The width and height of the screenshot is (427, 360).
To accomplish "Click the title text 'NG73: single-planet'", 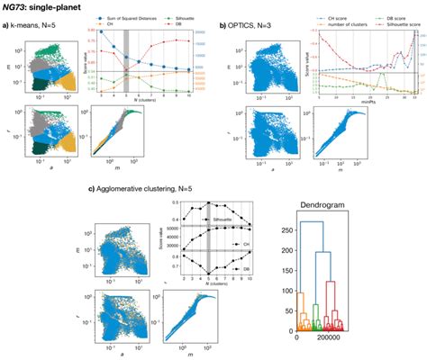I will pyautogui.click(x=41, y=7).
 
